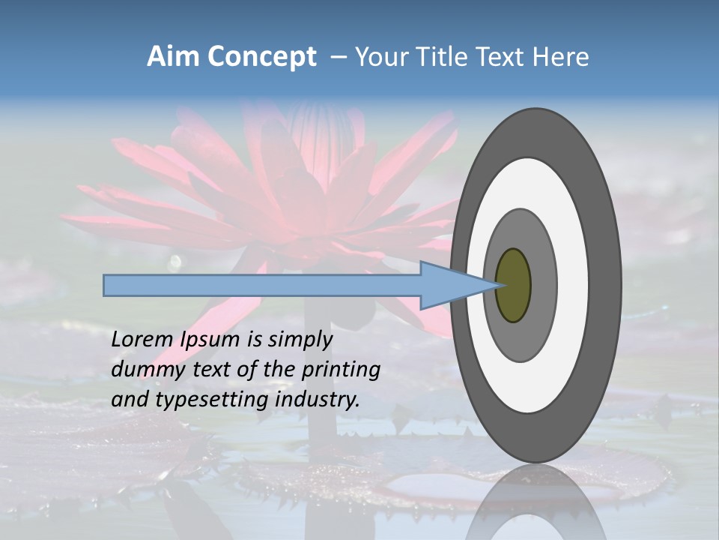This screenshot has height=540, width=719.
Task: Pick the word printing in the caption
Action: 341,370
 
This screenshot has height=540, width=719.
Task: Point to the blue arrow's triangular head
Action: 449,285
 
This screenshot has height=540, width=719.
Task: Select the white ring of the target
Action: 573,285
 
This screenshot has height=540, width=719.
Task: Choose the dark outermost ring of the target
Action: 608,285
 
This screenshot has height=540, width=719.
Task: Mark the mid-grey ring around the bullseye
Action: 543,285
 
